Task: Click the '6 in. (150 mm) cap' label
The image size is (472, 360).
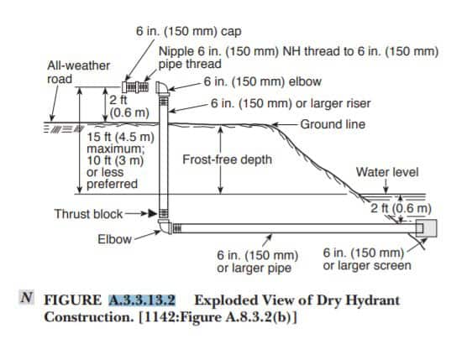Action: (x=188, y=31)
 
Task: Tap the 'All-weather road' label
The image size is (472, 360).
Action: (x=78, y=72)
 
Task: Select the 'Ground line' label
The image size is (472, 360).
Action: (x=333, y=124)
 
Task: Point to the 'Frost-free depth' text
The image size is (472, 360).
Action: (x=227, y=159)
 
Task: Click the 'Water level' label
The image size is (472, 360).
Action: (x=387, y=172)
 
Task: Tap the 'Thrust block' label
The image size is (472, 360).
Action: (x=88, y=214)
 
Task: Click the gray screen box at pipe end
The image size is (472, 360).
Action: (x=426, y=228)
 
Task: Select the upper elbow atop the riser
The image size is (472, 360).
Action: (x=163, y=88)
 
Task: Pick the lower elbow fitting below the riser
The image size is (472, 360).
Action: (x=165, y=227)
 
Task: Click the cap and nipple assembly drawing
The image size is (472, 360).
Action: (x=135, y=87)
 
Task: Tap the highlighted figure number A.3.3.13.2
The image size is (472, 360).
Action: (x=142, y=300)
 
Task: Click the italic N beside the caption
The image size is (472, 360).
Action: (x=27, y=297)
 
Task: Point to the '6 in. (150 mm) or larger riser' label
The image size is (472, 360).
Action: (x=291, y=103)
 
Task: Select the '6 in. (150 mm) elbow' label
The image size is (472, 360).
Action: (x=263, y=81)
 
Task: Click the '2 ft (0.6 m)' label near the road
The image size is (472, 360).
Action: (x=129, y=107)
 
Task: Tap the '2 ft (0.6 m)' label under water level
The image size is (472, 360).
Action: (x=401, y=208)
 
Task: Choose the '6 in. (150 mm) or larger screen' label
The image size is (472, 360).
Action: (x=367, y=259)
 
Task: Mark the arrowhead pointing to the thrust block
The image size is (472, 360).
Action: (x=153, y=214)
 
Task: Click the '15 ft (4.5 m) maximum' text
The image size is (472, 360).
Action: (x=120, y=143)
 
